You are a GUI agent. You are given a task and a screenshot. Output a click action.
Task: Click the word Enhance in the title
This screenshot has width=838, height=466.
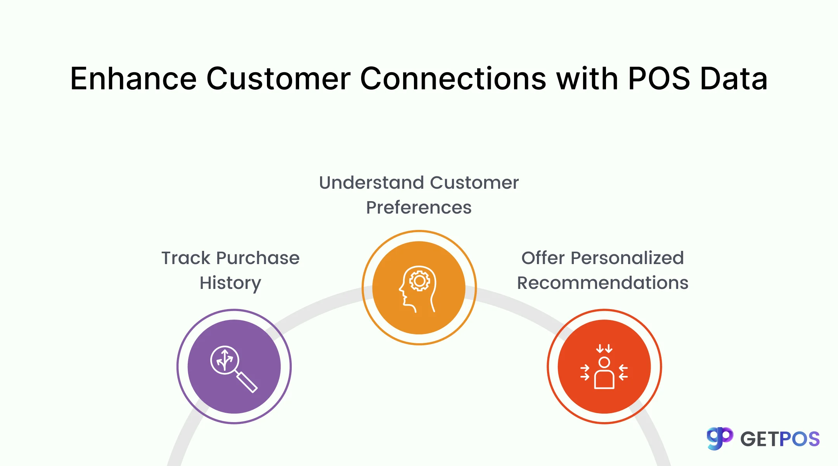(133, 79)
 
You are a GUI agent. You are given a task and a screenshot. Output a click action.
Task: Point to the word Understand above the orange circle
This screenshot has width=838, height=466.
(371, 183)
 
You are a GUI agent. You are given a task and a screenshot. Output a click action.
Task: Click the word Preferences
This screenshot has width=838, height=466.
(419, 207)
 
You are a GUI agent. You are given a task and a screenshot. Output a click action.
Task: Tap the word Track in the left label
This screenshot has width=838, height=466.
(186, 258)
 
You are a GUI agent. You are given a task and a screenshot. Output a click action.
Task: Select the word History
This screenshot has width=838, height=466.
(230, 283)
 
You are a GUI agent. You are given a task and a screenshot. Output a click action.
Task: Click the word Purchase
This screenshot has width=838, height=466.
(258, 258)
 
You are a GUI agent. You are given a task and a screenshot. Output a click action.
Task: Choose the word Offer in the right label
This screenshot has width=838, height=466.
(543, 258)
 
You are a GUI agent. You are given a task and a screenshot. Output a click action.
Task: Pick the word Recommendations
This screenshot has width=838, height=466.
(603, 283)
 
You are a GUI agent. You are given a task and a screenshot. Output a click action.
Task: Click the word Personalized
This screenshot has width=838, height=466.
(627, 258)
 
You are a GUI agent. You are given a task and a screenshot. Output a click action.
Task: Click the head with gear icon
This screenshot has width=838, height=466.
(418, 289)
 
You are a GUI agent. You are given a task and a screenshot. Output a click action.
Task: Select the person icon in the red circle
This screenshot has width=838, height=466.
(604, 373)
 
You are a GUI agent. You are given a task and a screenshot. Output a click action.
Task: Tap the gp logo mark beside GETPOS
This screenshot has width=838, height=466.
(720, 438)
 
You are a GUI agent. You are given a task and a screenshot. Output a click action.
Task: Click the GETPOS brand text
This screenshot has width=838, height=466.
(780, 439)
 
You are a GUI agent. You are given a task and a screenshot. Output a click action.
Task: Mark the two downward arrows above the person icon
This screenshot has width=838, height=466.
(604, 348)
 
